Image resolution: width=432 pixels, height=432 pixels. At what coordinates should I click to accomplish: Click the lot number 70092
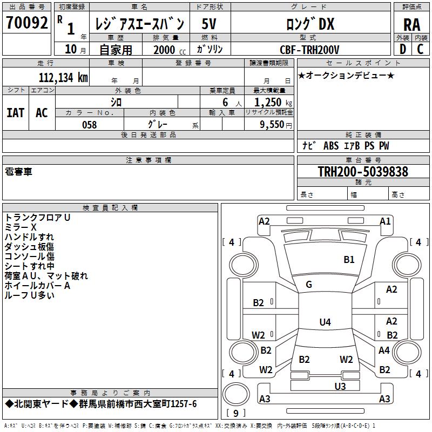tap(26, 23)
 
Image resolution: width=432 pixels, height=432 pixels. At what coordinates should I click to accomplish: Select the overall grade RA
tap(411, 25)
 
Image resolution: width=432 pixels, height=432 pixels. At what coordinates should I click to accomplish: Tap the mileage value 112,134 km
tap(63, 78)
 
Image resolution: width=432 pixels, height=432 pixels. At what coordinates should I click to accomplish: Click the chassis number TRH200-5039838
tap(363, 172)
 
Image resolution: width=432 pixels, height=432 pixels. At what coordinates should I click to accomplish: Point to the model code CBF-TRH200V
tap(309, 50)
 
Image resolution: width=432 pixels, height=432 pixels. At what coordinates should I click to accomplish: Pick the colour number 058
tap(90, 125)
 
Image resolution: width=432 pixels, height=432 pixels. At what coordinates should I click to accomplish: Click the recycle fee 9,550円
tap(276, 125)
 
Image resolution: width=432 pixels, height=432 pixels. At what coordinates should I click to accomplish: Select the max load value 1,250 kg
tap(273, 103)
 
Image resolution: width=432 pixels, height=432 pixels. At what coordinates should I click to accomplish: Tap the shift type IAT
tap(16, 113)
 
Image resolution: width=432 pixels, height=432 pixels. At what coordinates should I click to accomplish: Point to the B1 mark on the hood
tap(349, 260)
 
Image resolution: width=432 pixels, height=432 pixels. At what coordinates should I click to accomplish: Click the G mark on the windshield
tap(309, 285)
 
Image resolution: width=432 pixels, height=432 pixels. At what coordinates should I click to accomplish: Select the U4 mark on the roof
tap(325, 322)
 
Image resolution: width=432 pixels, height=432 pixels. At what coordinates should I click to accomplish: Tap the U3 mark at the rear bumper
tap(340, 387)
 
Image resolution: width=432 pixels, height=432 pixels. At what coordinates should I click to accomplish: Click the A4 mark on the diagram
tap(384, 350)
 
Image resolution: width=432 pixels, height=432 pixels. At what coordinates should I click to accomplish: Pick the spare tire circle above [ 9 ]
tap(236, 394)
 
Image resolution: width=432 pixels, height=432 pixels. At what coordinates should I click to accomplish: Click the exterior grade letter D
tap(403, 49)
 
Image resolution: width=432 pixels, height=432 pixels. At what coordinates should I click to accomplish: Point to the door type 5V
tap(209, 24)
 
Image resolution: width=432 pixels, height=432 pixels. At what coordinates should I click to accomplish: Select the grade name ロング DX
tap(310, 24)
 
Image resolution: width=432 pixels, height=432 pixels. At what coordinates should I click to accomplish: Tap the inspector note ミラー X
tap(21, 227)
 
